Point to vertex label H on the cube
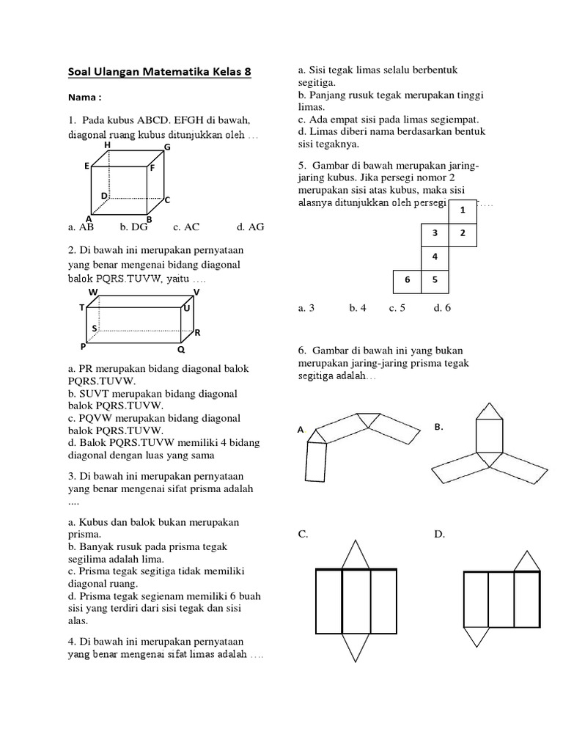tap(108, 145)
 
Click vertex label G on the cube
tap(167, 147)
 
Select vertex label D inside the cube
tap(104, 196)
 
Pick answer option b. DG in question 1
tap(139, 227)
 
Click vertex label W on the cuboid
tap(93, 292)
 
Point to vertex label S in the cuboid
tap(94, 327)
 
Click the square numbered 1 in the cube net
tap(463, 210)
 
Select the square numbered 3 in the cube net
tap(435, 233)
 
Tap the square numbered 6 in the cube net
tap(407, 280)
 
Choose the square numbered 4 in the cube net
tap(435, 257)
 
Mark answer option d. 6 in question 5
tap(442, 308)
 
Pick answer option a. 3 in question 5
tap(306, 308)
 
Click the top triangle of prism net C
tap(356, 556)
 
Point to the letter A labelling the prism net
tap(301, 430)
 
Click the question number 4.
tap(71, 641)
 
